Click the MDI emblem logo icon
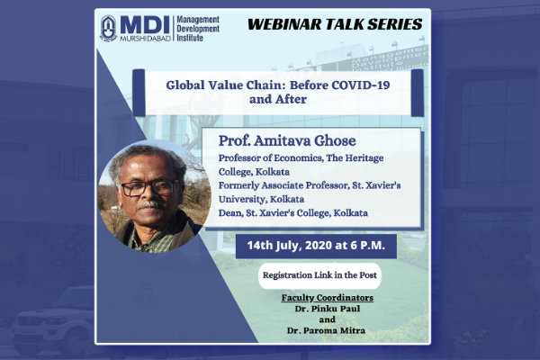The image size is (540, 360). [108, 28]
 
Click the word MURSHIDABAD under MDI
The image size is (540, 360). [145, 39]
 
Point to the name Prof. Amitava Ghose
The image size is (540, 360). [287, 140]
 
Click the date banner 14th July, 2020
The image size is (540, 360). [316, 246]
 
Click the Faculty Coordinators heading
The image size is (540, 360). [328, 298]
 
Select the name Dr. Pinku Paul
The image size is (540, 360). [328, 309]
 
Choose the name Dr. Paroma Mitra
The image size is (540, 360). [326, 330]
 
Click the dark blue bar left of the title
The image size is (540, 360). [139, 93]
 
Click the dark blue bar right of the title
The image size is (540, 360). [418, 93]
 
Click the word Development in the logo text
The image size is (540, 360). [198, 29]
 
